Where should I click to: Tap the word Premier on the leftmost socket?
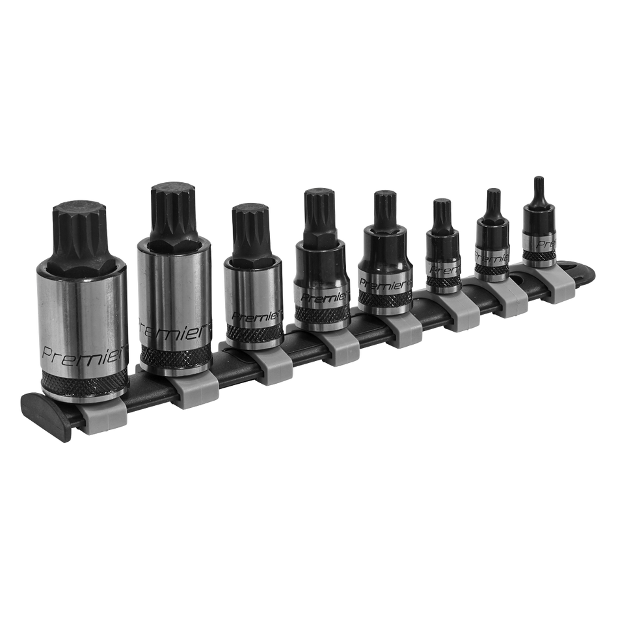(68, 353)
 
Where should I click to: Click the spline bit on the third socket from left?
(250, 229)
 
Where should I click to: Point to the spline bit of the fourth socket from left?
(319, 211)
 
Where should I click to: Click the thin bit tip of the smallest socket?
(538, 185)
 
